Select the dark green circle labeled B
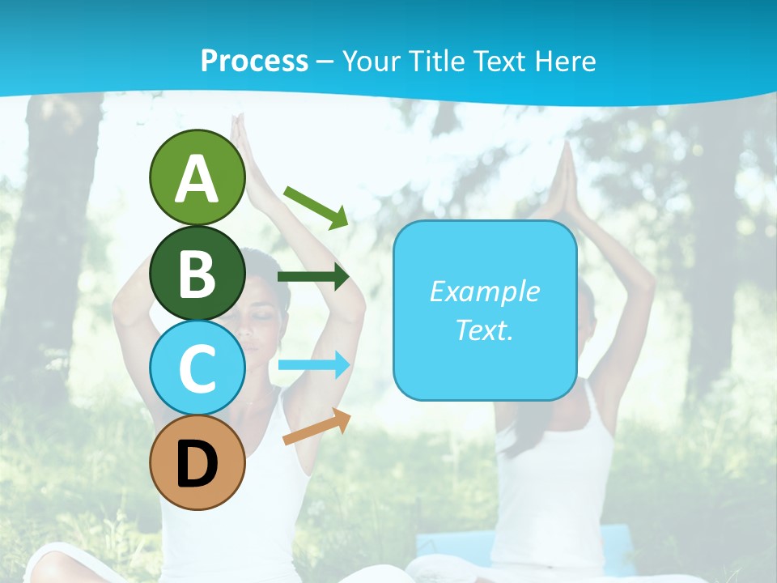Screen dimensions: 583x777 (197, 273)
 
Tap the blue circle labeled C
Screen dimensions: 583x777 (197, 368)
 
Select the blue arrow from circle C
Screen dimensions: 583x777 (313, 364)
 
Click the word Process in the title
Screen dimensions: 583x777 (254, 62)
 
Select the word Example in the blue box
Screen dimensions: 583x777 (484, 291)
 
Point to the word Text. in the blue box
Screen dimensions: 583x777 (484, 330)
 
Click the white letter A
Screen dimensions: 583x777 (197, 178)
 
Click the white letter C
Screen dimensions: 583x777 (197, 368)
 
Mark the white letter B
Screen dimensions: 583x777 (197, 274)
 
